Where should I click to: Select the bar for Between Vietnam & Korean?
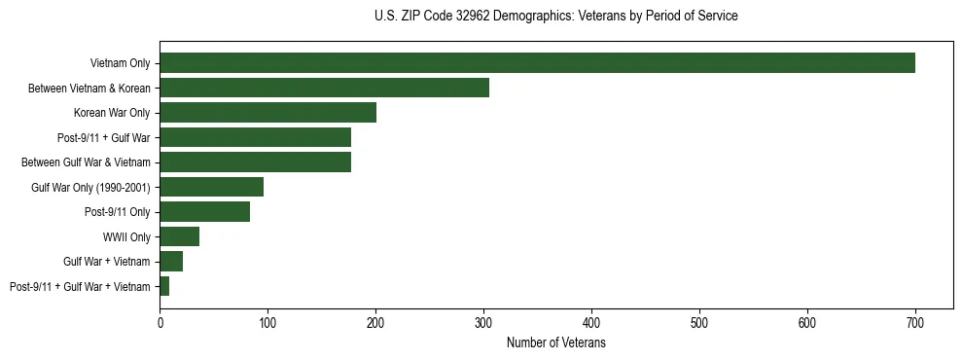click(325, 88)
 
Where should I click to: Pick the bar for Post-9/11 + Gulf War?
click(256, 137)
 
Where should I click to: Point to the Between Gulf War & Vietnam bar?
click(256, 162)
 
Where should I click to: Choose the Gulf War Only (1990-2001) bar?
click(212, 187)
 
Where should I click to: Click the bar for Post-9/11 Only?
click(205, 212)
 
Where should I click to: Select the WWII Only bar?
click(180, 236)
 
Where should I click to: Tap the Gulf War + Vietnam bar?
click(171, 262)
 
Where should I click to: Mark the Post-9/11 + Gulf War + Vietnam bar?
click(164, 286)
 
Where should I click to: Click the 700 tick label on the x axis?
click(915, 322)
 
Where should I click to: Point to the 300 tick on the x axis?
click(483, 322)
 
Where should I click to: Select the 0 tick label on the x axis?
click(160, 322)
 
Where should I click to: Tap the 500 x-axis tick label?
click(699, 322)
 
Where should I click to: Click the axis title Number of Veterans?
click(556, 342)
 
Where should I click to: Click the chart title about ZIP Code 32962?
click(556, 17)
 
